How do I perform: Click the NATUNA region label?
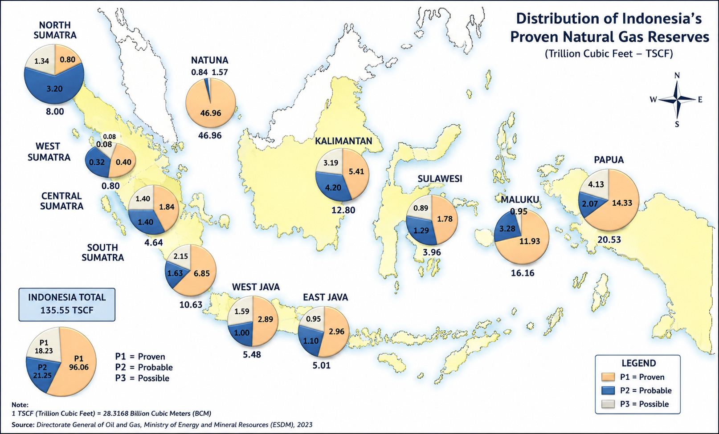(210, 60)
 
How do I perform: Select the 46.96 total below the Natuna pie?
(210, 135)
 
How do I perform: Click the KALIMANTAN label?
(343, 141)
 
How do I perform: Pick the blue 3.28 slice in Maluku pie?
(507, 228)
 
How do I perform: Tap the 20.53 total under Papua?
(609, 239)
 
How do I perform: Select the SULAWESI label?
(440, 178)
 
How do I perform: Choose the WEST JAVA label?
(256, 287)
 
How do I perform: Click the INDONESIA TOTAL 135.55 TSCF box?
(67, 304)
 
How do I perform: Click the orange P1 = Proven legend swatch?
(608, 377)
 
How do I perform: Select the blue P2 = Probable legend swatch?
(608, 390)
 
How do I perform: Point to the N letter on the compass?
(677, 75)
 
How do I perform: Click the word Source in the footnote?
(23, 425)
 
